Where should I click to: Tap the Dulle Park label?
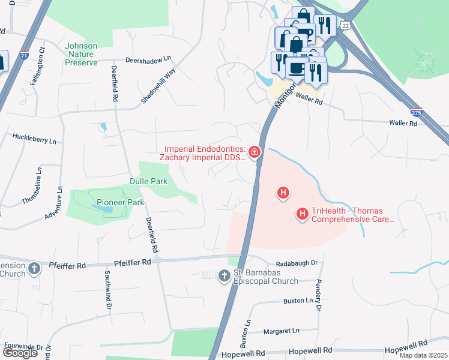[x=148, y=181]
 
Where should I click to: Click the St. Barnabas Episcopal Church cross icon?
[x=224, y=275]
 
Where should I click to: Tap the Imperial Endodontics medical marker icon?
[x=255, y=153]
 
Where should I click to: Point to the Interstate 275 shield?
[x=417, y=112]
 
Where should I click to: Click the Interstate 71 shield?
[x=25, y=55]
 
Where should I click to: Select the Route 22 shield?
[x=344, y=25]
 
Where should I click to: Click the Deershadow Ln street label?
[x=148, y=60]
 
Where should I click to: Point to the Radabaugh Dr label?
[x=297, y=263]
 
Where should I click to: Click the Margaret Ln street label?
[x=282, y=331]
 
